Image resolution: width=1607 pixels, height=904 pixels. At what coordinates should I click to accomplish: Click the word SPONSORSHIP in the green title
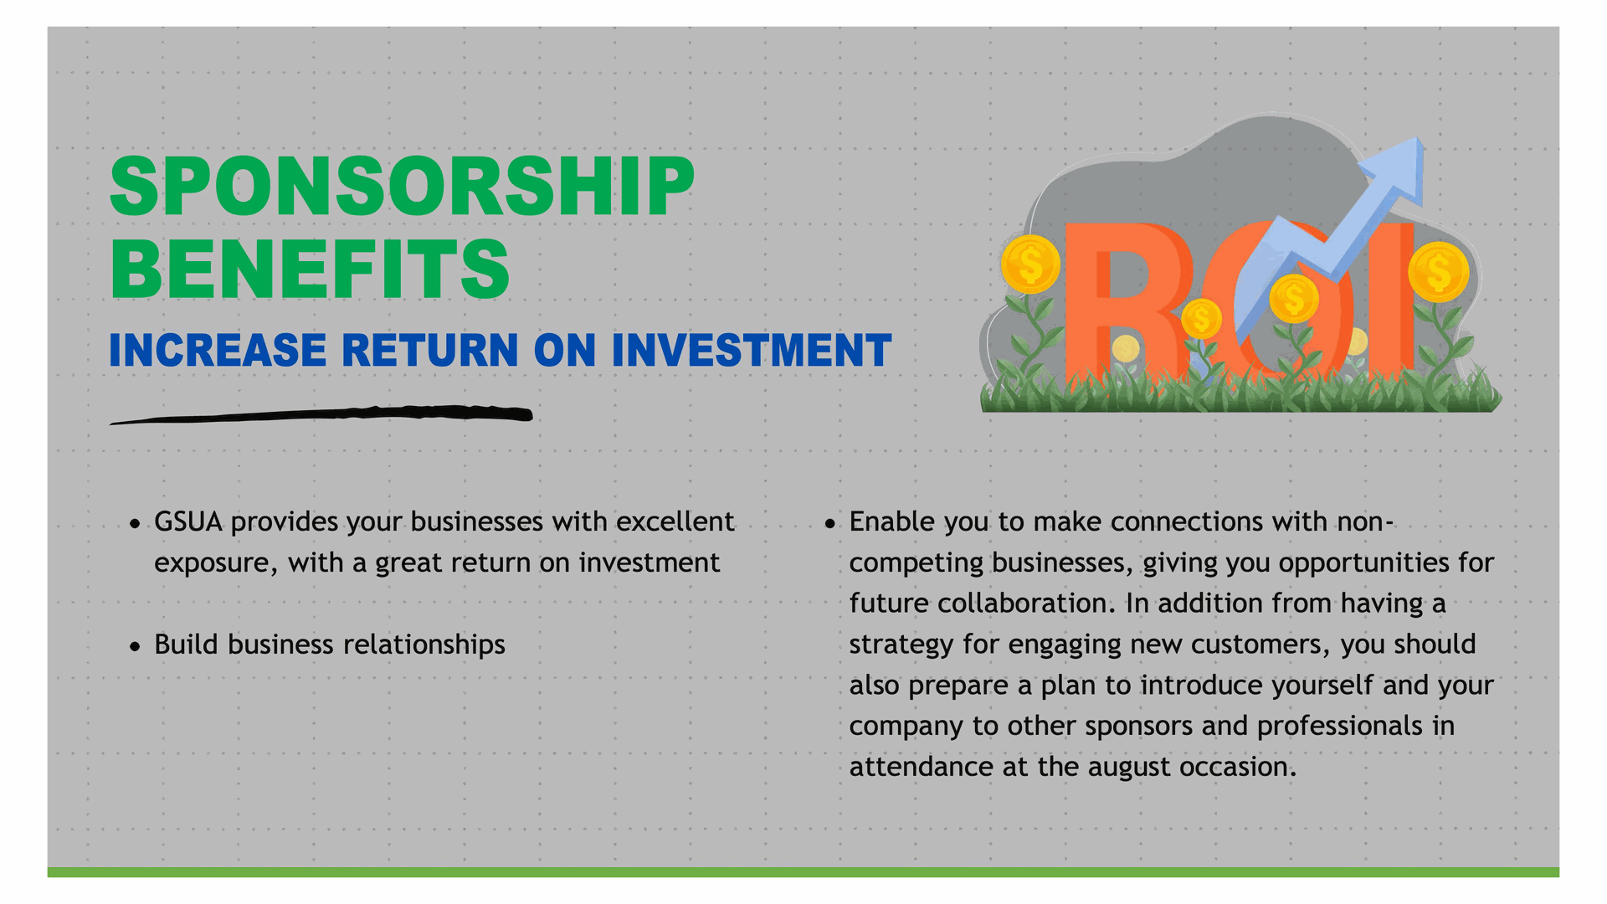(402, 186)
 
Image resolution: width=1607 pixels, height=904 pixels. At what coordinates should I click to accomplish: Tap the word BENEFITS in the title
(310, 268)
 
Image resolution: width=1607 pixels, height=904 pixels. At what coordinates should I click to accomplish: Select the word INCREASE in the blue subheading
(218, 350)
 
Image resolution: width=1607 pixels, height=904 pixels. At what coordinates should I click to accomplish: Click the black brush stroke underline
(321, 414)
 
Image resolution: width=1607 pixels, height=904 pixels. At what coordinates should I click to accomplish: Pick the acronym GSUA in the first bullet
(188, 521)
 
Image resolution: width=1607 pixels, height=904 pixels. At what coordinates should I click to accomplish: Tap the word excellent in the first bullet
(675, 521)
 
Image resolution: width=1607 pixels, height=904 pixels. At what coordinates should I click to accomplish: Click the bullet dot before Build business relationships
(135, 647)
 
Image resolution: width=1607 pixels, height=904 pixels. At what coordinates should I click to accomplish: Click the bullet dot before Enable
(829, 525)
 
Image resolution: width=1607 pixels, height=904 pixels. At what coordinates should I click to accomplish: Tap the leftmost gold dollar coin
(1030, 265)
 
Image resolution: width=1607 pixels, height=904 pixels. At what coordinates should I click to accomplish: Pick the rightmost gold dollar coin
(1438, 271)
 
